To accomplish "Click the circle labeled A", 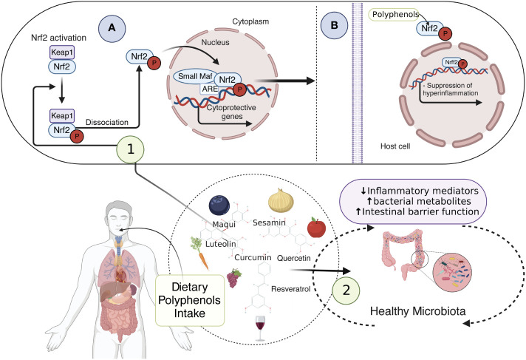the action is tap(112, 28).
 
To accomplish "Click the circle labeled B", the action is tap(334, 26).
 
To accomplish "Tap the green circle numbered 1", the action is tap(130, 149).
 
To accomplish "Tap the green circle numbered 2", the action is tap(346, 291).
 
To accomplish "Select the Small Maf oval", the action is tap(194, 77).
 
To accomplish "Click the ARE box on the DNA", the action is tap(210, 89).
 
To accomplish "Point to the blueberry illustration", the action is tap(219, 205).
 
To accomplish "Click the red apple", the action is tap(316, 228).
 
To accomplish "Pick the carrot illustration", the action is tap(199, 253).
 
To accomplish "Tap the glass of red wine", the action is tap(260, 327).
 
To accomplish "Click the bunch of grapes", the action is tap(234, 278).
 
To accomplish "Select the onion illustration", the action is tap(281, 200).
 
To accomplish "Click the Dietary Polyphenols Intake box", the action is tap(190, 300).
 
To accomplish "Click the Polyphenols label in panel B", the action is tap(395, 15).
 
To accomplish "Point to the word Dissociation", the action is tap(107, 122).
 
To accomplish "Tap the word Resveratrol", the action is tap(291, 289).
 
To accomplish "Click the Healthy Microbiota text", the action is tap(418, 311).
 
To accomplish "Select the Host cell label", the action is tap(395, 146).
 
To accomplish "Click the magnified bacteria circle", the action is tap(452, 272).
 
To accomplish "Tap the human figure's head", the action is tap(119, 218).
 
